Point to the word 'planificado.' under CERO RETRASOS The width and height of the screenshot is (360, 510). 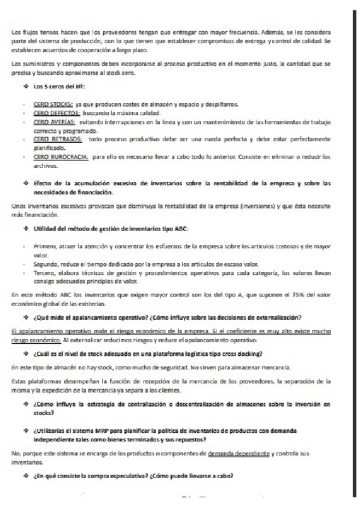tap(53, 146)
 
